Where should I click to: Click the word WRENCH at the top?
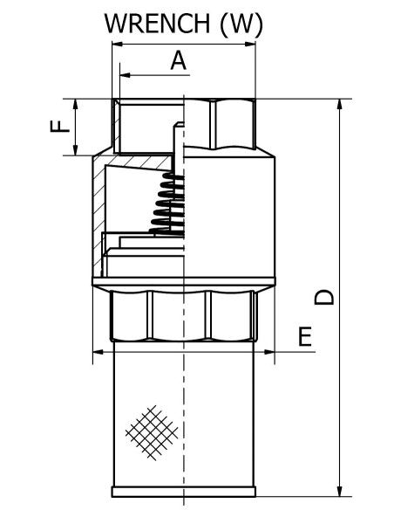[x=157, y=24]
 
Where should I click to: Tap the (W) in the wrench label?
[x=241, y=24]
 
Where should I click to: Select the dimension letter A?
[x=178, y=60]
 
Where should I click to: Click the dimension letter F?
[x=60, y=126]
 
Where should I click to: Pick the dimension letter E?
[x=305, y=336]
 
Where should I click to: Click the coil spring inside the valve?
[x=167, y=203]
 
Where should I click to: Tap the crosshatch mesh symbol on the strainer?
[x=152, y=432]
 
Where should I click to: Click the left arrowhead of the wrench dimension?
[x=118, y=44]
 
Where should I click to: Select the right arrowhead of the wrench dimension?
[x=250, y=44]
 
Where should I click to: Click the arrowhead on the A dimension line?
[x=125, y=75]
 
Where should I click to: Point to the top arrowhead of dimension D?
[x=340, y=104]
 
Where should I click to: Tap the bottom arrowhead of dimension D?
[x=340, y=491]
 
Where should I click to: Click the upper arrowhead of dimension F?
[x=75, y=104]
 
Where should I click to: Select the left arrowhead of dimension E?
[x=98, y=352]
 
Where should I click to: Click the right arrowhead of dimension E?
[x=269, y=352]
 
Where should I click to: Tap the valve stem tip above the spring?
[x=179, y=124]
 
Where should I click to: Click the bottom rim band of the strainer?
[x=184, y=492]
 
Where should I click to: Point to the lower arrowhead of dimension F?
[x=75, y=149]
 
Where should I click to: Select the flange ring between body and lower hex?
[x=184, y=281]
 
